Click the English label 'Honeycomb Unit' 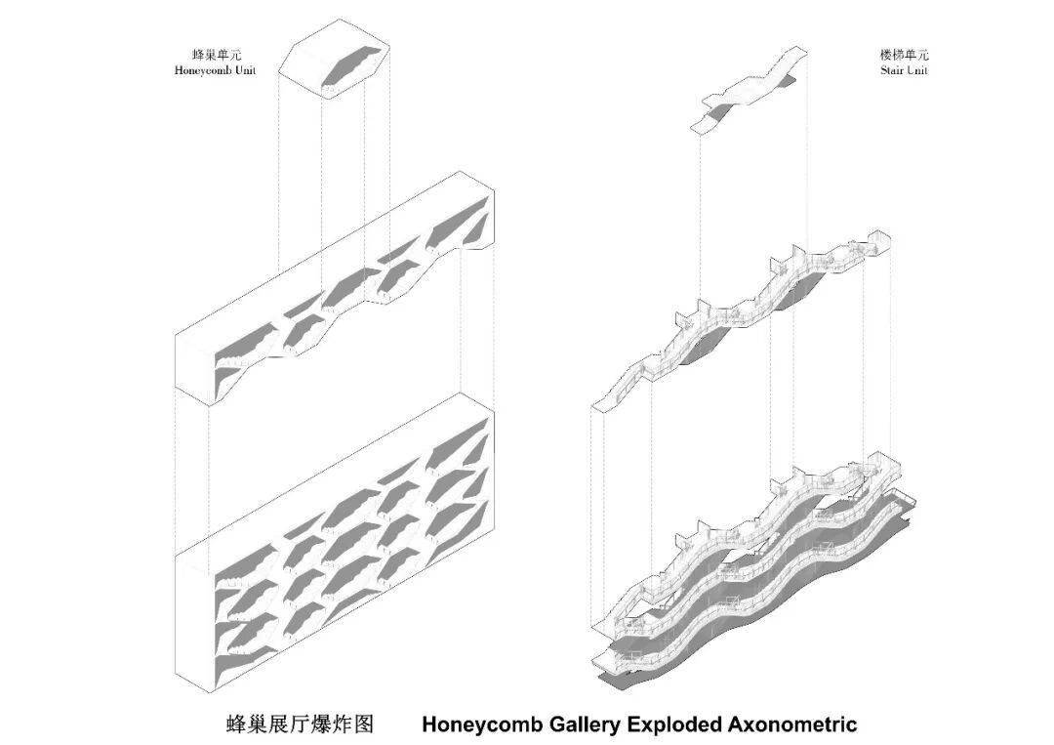click(215, 70)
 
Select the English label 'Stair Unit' click(903, 70)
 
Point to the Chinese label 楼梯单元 click(903, 56)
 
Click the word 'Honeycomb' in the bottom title click(476, 724)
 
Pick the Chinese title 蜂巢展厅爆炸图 click(301, 724)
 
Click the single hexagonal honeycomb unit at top click(337, 62)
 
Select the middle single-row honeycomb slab click(342, 293)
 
